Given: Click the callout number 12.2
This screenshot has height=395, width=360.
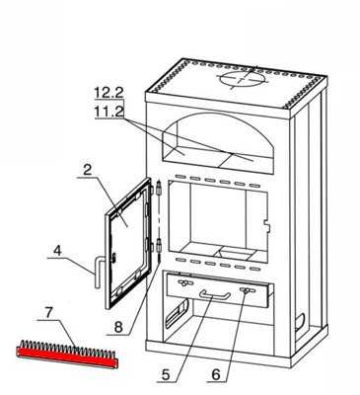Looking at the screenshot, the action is click(108, 93).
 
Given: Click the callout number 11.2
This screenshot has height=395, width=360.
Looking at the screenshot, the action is click(108, 112).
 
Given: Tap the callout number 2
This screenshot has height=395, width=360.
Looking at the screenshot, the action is click(87, 170).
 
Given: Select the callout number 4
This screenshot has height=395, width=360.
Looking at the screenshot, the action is click(57, 251).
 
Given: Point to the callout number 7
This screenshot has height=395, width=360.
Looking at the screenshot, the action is click(48, 312).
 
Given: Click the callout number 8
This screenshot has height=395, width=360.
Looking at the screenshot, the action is click(118, 328).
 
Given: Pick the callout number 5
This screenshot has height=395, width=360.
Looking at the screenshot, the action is click(166, 375).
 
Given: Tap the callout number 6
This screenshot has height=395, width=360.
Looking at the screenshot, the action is click(216, 374).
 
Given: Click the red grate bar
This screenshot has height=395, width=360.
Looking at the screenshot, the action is click(67, 357).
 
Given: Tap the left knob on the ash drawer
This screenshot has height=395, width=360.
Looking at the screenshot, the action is click(184, 282).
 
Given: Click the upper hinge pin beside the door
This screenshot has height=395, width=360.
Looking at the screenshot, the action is click(159, 188).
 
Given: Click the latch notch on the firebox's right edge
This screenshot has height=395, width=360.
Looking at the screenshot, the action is click(267, 226).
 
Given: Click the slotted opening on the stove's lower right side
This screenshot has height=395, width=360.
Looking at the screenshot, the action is click(300, 322).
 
